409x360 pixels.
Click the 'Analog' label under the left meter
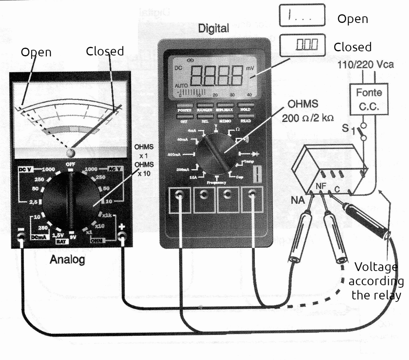click(x=67, y=260)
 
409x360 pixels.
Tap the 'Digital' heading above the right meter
click(x=213, y=29)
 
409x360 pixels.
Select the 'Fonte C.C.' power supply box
click(x=369, y=99)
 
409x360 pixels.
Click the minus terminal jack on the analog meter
click(x=20, y=238)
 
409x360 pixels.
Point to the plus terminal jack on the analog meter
click(x=122, y=237)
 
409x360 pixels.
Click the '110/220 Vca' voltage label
click(x=363, y=66)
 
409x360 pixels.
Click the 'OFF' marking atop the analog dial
click(x=70, y=165)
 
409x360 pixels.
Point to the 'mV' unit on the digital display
click(x=250, y=68)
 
